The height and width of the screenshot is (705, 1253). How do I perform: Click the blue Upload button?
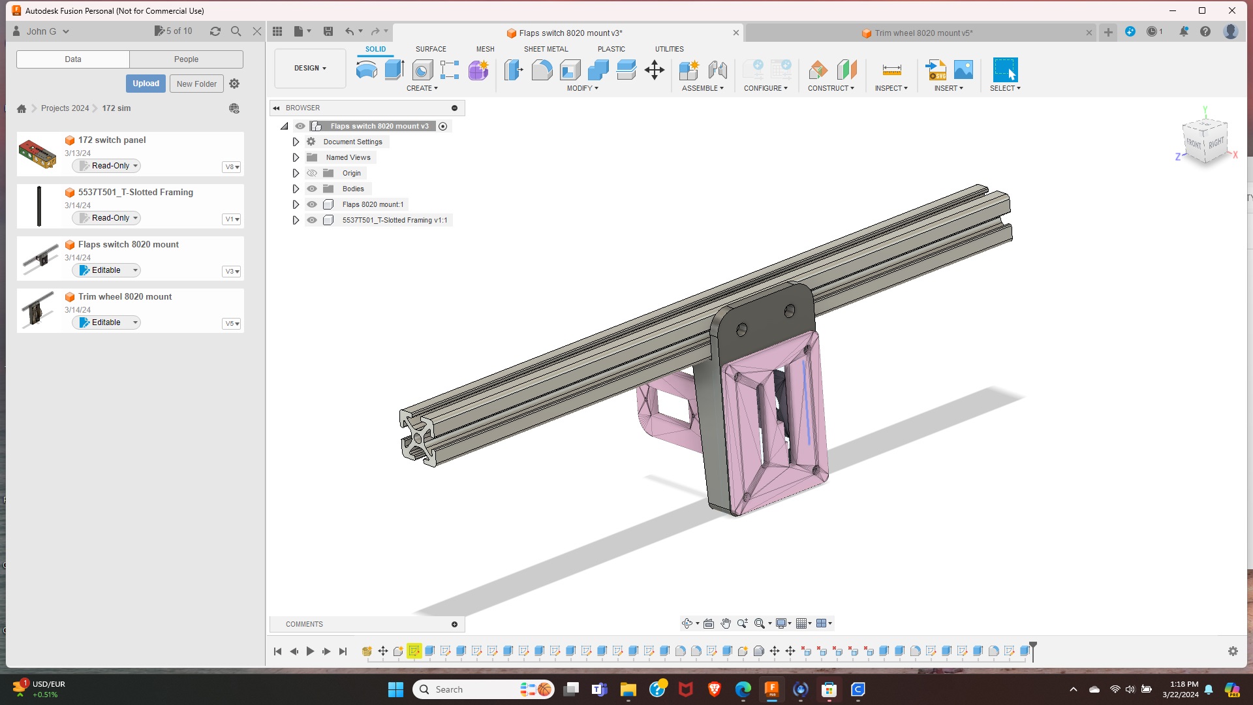coord(146,84)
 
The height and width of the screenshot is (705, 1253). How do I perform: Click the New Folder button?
coord(196,84)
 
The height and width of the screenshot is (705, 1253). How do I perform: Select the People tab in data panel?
coord(186,59)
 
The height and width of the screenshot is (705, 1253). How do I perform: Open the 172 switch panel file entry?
coord(112,140)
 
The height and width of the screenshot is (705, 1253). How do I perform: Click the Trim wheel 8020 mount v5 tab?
coord(923,33)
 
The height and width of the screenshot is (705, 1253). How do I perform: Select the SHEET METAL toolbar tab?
coord(546,49)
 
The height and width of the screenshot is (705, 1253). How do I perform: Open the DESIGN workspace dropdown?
coord(310,68)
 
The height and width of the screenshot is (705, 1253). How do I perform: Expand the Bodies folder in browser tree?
coord(296,189)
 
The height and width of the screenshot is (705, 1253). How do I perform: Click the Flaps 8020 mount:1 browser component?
coord(373,204)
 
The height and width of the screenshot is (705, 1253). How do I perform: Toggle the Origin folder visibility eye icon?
coord(312,173)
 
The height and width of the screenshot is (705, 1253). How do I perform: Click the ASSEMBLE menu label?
coord(702,88)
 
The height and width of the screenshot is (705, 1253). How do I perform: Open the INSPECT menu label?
coord(891,88)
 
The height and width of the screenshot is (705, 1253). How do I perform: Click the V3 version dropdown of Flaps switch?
coord(232,271)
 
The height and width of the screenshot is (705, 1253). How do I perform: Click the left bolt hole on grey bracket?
coord(741,330)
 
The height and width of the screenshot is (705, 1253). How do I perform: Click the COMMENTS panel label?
coord(304,624)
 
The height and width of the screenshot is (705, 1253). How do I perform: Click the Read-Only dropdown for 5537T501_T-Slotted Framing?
coord(109,218)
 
